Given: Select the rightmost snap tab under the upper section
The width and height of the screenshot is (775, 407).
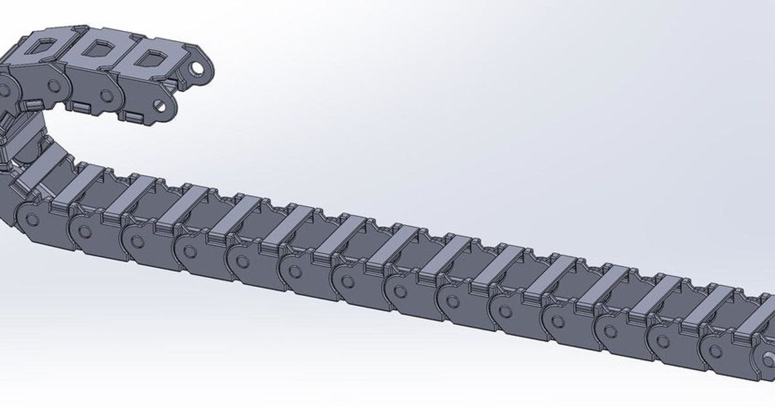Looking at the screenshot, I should (x=134, y=116).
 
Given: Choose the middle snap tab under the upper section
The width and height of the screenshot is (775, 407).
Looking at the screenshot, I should (x=81, y=105).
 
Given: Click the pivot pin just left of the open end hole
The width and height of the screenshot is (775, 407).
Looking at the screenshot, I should (x=716, y=350).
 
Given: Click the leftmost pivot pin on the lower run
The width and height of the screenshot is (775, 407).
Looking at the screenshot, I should (x=31, y=219).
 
